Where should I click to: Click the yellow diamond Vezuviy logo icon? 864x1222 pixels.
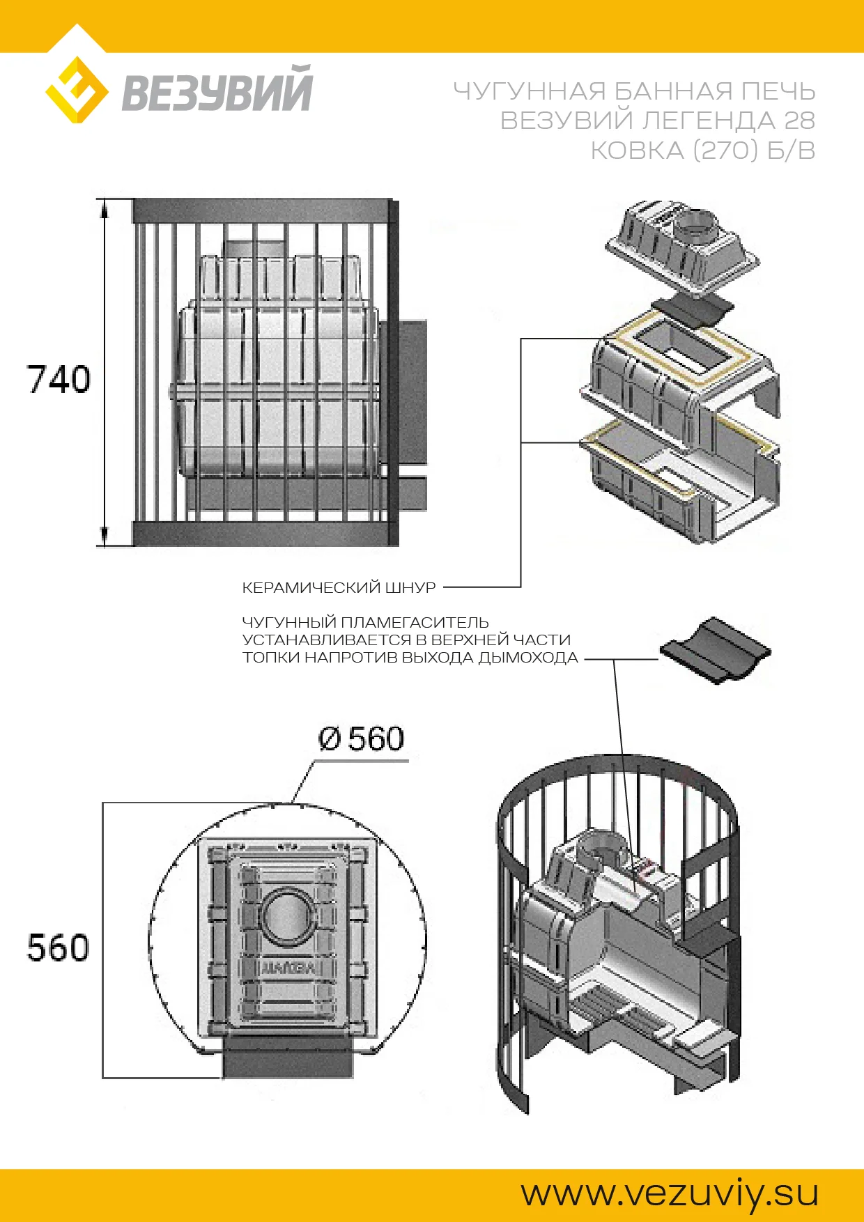coord(77,91)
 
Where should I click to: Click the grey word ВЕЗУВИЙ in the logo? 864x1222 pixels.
coord(217,89)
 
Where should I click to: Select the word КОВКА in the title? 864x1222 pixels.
coord(637,150)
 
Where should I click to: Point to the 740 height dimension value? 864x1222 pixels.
coord(59,380)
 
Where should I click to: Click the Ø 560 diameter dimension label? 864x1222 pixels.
coord(361,738)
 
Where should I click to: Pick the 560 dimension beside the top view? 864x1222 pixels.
coord(59,948)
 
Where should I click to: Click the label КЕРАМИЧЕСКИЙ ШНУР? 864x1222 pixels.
coord(339,587)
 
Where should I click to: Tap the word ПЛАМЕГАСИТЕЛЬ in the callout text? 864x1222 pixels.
coord(415,622)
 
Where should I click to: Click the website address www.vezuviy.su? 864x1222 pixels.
coord(670,1193)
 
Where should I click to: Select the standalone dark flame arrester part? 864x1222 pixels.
coord(715,649)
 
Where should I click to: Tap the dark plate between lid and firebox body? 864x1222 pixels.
coord(693,311)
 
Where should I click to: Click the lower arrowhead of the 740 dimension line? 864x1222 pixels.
coord(105,536)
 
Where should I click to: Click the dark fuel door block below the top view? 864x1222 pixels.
coord(288,1056)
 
